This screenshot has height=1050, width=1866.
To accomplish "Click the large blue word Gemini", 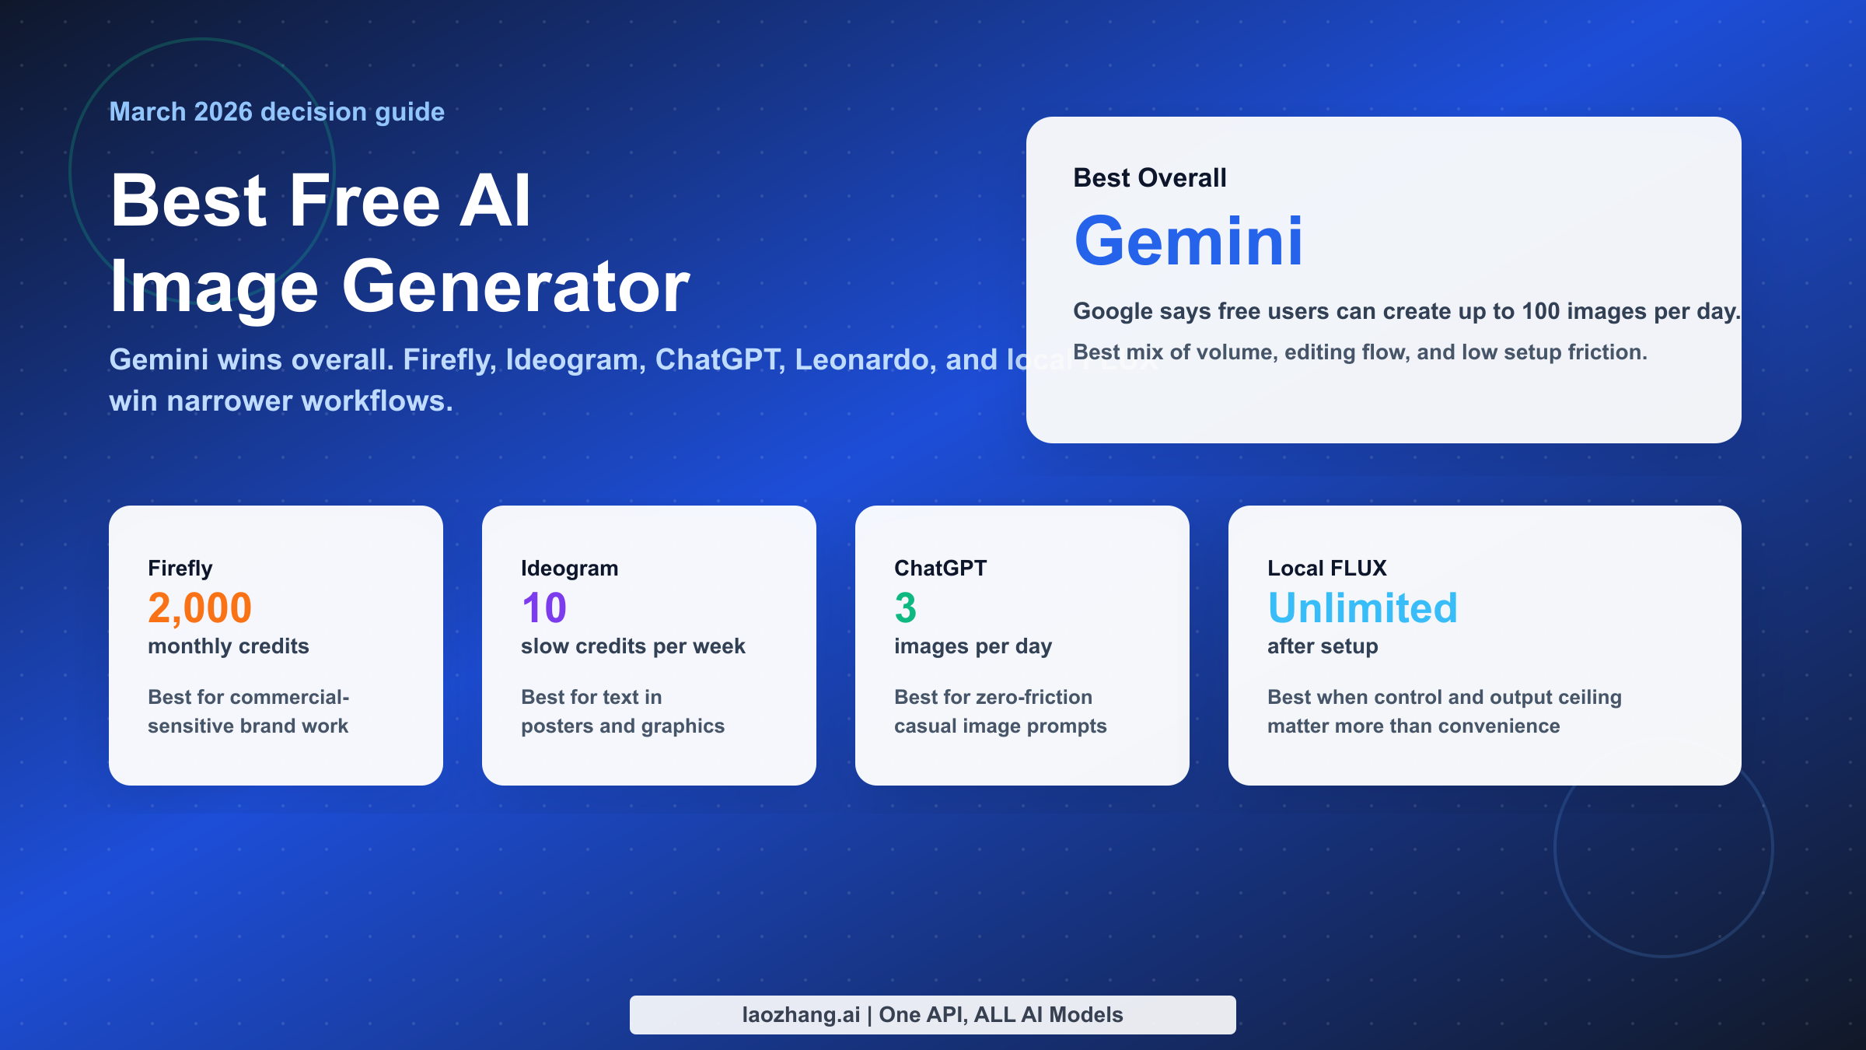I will pyautogui.click(x=1187, y=242).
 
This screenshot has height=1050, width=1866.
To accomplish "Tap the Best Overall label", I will pyautogui.click(x=1149, y=178).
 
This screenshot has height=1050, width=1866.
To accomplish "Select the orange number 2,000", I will pyautogui.click(x=200, y=607).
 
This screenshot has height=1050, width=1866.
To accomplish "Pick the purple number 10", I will pyautogui.click(x=543, y=607).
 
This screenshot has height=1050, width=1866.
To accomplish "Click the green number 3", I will pyautogui.click(x=905, y=607).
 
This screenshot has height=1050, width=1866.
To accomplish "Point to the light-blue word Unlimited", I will pyautogui.click(x=1362, y=607).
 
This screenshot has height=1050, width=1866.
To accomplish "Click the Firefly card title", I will pyautogui.click(x=180, y=569).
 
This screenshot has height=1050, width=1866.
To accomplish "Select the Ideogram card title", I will pyautogui.click(x=569, y=569).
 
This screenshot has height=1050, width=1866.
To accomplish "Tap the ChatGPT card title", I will pyautogui.click(x=940, y=569).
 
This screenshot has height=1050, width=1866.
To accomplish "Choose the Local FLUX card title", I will pyautogui.click(x=1326, y=569).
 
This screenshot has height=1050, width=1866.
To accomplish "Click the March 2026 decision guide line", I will pyautogui.click(x=277, y=112).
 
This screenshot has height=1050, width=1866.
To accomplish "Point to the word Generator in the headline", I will pyautogui.click(x=515, y=287).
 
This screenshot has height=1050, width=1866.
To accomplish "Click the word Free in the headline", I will pyautogui.click(x=365, y=201).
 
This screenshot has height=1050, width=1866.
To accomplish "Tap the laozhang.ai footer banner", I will pyautogui.click(x=932, y=1014).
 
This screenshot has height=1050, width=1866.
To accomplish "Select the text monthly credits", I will pyautogui.click(x=228, y=646).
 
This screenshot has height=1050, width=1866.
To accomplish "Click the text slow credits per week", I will pyautogui.click(x=633, y=646).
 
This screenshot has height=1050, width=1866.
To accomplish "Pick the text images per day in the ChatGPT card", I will pyautogui.click(x=973, y=646).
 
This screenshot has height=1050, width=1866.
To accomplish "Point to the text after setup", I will pyautogui.click(x=1323, y=646).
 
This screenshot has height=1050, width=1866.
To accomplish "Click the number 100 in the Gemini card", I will pyautogui.click(x=1540, y=311).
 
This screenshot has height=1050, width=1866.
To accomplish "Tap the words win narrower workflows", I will pyautogui.click(x=280, y=401).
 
